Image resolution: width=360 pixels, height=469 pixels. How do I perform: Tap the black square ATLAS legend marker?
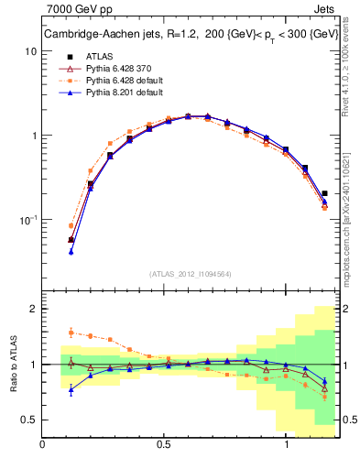click(65, 56)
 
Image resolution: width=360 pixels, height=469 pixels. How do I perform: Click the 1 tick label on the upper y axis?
click(33, 136)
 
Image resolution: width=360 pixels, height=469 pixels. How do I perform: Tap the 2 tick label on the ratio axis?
click(33, 309)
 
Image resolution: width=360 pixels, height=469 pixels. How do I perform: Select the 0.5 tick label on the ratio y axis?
click(28, 420)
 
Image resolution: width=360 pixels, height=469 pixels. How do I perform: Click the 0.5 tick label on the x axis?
click(164, 444)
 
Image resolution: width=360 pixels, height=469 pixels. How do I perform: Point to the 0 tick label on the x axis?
click(42, 444)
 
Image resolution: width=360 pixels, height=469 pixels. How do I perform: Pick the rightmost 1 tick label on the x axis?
click(288, 444)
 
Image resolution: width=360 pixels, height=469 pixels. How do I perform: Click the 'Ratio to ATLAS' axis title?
click(13, 364)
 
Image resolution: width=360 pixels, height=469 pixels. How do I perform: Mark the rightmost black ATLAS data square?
click(324, 193)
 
